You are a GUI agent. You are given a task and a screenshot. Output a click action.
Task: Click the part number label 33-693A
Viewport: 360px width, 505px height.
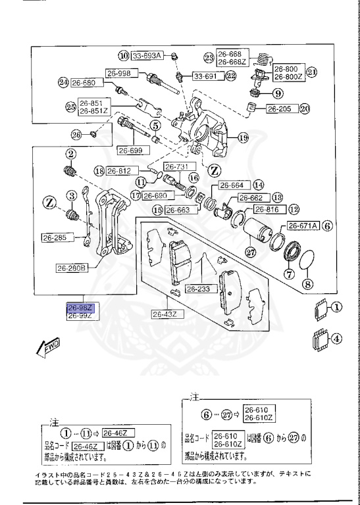click(x=147, y=56)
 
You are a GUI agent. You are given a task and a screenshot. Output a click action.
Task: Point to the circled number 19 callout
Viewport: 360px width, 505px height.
click(x=243, y=137)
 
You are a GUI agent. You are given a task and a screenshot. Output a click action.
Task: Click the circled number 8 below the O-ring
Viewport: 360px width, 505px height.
click(x=307, y=285)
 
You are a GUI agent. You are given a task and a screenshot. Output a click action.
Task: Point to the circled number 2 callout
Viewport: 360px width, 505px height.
click(x=68, y=154)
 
